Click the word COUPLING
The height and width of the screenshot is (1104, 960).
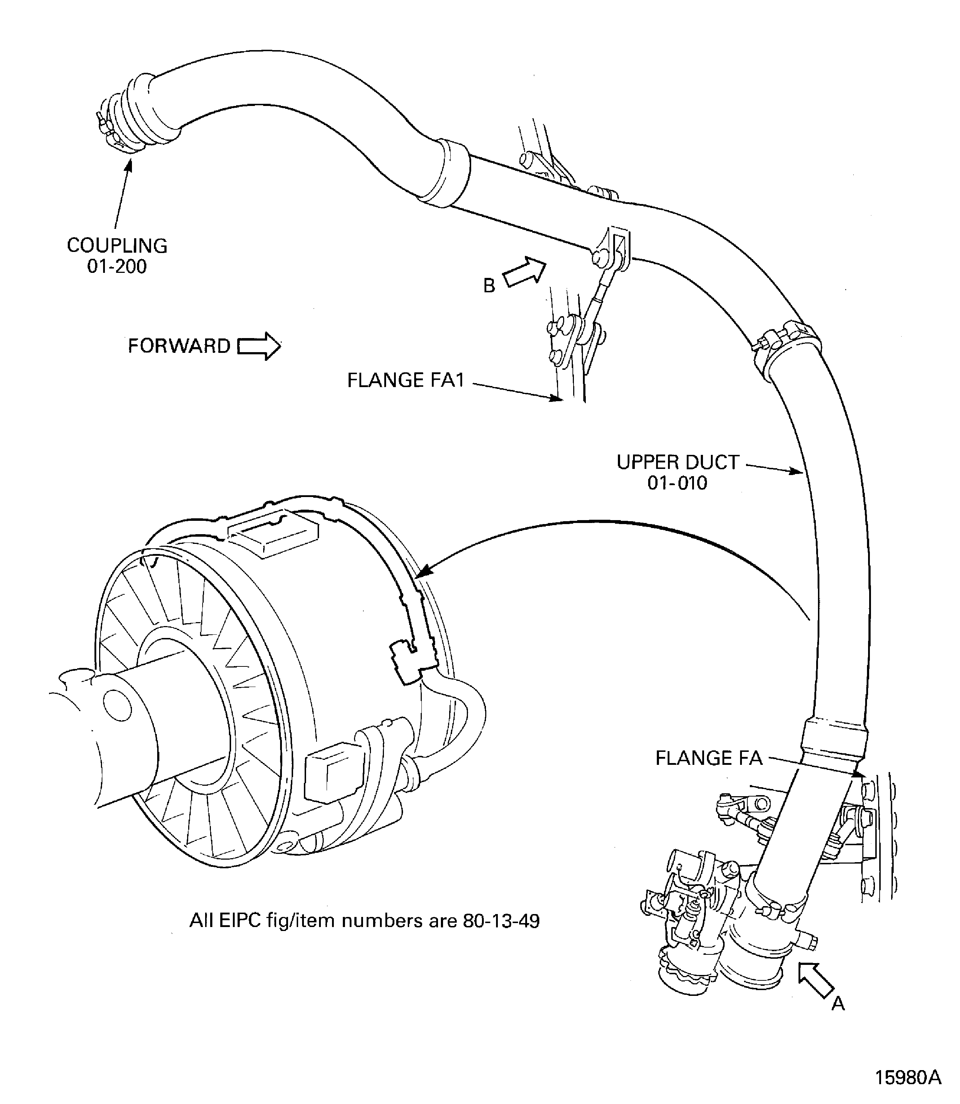pos(117,246)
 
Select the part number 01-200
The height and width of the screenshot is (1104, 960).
pos(117,267)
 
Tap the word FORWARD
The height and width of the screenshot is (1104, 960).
pos(179,346)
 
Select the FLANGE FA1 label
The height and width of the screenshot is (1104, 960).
pos(406,380)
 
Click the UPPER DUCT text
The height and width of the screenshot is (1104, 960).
pos(678,462)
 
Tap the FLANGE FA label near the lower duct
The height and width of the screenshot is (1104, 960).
pos(709,758)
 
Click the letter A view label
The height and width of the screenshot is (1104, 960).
pos(838,1004)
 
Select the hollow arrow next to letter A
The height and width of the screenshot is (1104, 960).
pos(815,980)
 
